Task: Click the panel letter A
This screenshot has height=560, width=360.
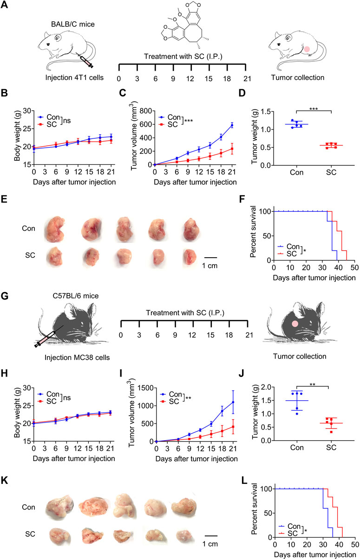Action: coord(4,5)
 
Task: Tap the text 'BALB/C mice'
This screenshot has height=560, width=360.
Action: coord(73,24)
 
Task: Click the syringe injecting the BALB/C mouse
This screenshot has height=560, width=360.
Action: coord(85,60)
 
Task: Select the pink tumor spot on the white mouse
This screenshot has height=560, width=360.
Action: coord(307,49)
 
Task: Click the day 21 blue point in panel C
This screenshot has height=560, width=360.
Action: coord(232,125)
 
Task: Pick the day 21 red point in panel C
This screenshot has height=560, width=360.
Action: coord(232,149)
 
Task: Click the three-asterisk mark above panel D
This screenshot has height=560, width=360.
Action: coord(314,109)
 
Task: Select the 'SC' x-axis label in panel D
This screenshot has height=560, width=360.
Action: coord(331,172)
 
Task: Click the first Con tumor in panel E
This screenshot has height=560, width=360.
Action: coord(54,229)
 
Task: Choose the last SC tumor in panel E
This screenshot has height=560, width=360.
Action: coord(190,257)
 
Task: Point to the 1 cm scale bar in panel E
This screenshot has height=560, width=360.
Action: coord(210,258)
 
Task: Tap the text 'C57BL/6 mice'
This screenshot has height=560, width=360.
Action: coord(76,296)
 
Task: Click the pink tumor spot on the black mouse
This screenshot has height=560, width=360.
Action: coord(295,324)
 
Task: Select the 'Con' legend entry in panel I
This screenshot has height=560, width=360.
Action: coord(171,394)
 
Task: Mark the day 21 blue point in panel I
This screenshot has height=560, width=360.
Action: coord(233,402)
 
